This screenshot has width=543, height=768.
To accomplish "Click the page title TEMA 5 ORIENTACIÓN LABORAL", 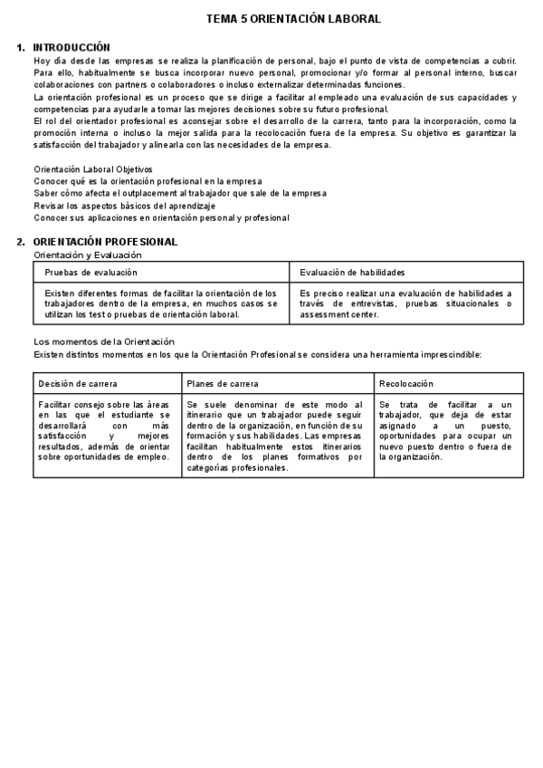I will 293,18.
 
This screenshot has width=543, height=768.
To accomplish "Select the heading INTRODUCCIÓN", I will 71,47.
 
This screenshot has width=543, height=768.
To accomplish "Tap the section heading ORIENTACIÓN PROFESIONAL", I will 105,242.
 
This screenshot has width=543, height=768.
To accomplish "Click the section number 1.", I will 21,47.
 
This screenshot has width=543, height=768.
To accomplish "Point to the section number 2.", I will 21,242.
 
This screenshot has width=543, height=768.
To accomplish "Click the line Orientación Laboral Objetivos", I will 93,169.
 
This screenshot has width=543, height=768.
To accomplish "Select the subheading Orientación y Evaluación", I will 88,254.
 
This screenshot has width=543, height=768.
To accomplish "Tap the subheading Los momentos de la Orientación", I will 103,341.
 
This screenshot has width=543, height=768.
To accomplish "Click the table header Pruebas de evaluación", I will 91,272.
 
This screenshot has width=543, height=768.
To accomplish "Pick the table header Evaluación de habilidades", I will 352,272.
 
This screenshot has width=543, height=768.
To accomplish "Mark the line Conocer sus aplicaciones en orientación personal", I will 161,217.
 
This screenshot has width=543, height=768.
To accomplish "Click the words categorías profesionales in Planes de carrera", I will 237,468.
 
